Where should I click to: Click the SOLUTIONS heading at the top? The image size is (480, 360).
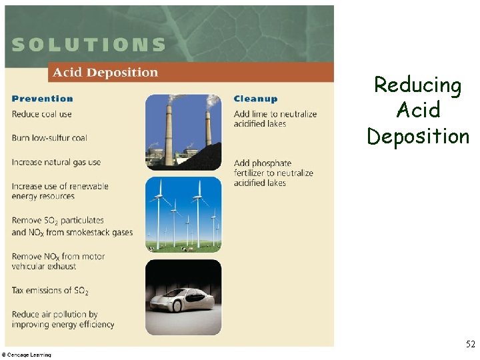click(89, 45)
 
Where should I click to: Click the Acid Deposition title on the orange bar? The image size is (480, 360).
click(105, 73)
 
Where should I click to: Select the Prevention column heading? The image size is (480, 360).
click(42, 99)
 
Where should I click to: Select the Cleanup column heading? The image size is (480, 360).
click(255, 99)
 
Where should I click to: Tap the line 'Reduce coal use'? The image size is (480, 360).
click(41, 114)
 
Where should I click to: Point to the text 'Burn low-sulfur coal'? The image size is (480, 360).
click(49, 138)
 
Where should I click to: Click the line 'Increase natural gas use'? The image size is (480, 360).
click(56, 162)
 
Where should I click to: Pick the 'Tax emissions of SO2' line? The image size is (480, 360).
click(50, 291)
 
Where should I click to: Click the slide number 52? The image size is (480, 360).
click(470, 345)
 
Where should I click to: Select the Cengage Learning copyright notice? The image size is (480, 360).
click(27, 355)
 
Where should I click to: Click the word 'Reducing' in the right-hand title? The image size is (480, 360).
click(418, 85)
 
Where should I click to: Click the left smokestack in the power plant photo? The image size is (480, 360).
click(169, 130)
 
